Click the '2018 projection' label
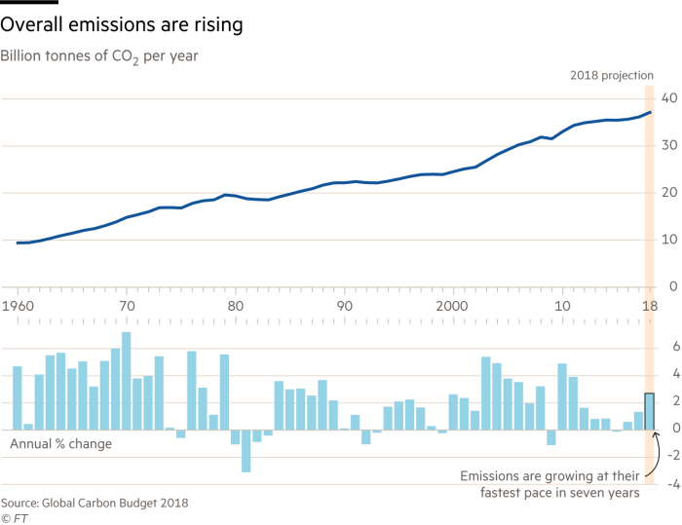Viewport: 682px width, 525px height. point(611,76)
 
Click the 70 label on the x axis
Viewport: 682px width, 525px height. point(127,307)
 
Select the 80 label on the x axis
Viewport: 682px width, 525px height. point(235,307)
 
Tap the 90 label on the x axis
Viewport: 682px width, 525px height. point(344,307)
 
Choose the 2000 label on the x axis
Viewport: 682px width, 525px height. point(452,307)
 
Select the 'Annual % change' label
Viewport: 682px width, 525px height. point(59,444)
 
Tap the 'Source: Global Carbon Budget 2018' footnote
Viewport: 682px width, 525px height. point(95,503)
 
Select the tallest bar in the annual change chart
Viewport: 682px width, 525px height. point(126,380)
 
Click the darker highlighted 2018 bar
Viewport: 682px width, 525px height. point(648,411)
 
